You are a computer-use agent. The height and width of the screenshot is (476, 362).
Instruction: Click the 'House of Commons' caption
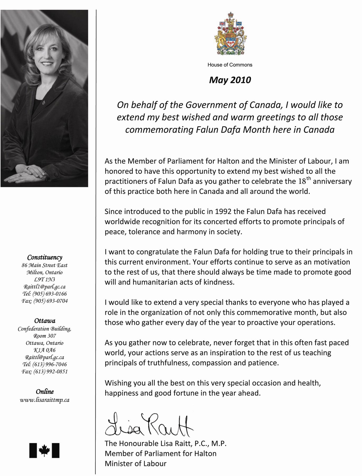230,65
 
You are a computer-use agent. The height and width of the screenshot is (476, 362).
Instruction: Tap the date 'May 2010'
230,80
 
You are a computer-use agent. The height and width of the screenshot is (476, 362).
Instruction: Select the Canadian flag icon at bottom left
44,450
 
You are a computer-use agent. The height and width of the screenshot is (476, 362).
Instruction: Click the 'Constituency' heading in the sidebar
45,257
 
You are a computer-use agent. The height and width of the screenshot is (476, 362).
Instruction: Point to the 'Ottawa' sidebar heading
45,321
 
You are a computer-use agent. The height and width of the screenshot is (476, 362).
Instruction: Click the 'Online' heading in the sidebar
45,392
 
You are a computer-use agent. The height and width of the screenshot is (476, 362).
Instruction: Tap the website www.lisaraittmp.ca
45,400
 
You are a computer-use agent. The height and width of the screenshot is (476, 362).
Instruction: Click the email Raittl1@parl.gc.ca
45,287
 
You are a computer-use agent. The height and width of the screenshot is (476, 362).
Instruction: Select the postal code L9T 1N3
45,280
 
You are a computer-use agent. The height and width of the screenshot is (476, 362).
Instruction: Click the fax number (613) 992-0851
45,372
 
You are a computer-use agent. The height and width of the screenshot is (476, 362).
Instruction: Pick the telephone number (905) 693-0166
45,294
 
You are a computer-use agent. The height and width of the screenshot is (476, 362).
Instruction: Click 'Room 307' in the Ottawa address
45,336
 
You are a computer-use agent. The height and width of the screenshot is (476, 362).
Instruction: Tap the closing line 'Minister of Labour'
136,464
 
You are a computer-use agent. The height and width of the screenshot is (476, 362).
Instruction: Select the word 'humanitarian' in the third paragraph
155,282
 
